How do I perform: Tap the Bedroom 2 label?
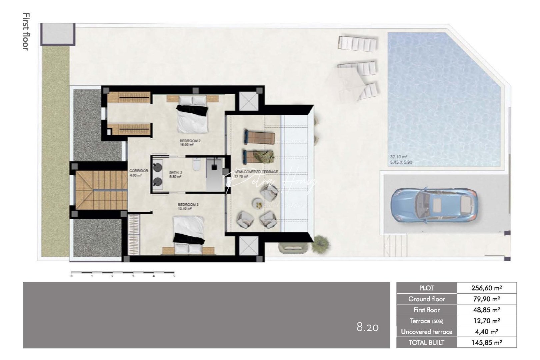coord(190,141)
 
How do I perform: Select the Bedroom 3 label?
coord(188,204)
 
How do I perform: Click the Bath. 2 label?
coord(176,172)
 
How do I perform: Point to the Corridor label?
coord(139,171)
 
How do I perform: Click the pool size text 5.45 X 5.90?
coord(401,162)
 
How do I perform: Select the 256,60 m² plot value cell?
coord(486,288)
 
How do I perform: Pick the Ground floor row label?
coord(426,299)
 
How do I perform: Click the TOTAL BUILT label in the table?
coord(426,342)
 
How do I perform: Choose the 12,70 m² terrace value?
coord(486,321)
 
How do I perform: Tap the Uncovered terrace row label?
coord(426,332)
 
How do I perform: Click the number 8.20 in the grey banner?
coord(367,327)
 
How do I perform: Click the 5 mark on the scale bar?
coord(174,276)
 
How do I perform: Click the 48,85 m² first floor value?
coord(486,310)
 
